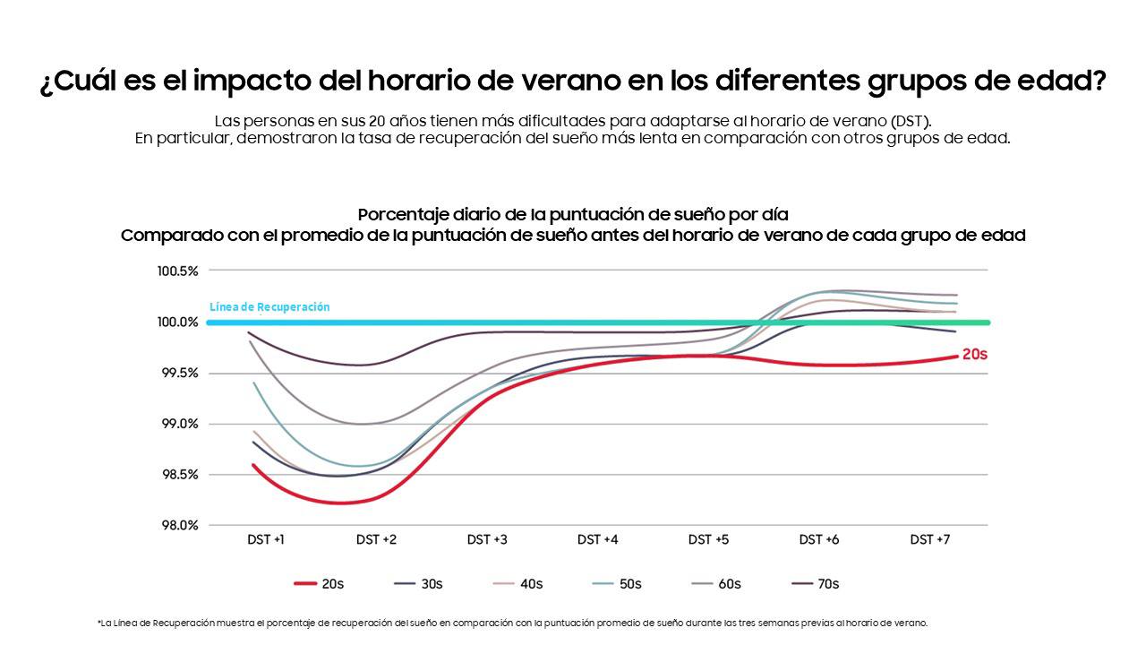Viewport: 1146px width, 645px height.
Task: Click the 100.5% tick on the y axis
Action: coord(177,271)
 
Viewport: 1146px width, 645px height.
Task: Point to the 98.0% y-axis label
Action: coord(179,526)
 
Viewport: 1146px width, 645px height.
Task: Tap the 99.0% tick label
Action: coord(179,424)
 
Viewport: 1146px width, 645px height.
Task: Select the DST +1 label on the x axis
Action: coord(266,539)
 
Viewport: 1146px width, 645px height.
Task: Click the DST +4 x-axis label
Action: coord(597,539)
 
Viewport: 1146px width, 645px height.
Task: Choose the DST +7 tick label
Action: coord(929,539)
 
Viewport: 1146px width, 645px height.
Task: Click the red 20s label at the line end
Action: coord(974,355)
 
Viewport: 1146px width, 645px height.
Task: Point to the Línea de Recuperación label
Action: coord(269,307)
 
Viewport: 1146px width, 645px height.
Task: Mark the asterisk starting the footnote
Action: coord(98,622)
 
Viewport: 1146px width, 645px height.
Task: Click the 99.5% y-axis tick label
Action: coord(179,373)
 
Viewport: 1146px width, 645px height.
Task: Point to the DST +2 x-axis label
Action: coord(376,539)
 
